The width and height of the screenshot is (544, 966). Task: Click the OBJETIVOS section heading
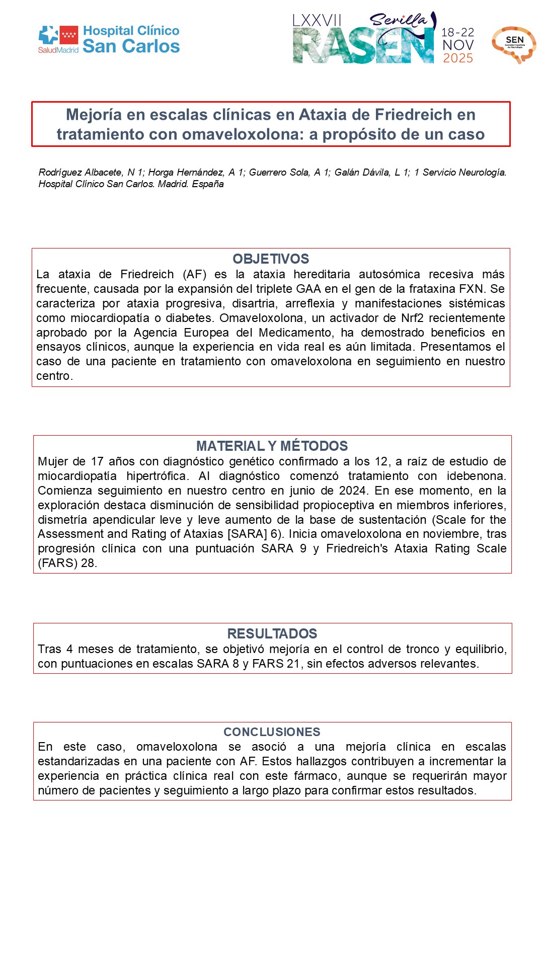click(x=271, y=259)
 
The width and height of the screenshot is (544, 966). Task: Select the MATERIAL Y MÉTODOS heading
click(x=272, y=446)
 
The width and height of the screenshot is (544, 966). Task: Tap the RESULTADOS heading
click(x=272, y=633)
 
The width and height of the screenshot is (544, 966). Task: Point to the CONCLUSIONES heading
click(x=272, y=732)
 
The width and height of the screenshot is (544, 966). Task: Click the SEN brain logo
click(x=514, y=44)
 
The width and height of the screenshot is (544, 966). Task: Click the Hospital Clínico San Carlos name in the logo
click(x=131, y=39)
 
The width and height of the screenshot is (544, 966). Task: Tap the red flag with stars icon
click(x=69, y=35)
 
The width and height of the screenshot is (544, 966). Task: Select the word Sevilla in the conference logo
click(x=398, y=20)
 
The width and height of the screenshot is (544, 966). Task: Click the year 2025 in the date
click(x=458, y=58)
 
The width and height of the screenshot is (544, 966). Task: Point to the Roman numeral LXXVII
click(x=317, y=21)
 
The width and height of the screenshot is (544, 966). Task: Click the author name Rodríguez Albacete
click(x=80, y=173)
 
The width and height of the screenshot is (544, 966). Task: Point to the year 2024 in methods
click(x=352, y=491)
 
